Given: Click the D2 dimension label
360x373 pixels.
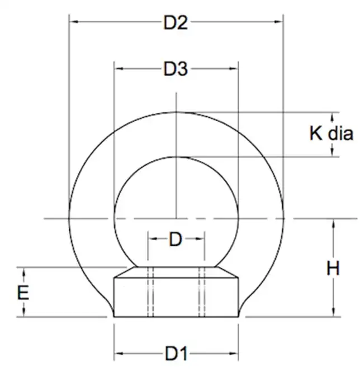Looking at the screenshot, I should point(176,23).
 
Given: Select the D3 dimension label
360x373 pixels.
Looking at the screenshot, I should point(176,69).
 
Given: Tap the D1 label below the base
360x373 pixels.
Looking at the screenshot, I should point(176,353).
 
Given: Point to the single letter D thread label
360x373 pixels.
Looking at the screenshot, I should point(176,240).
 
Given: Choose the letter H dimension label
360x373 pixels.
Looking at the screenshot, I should point(333,268).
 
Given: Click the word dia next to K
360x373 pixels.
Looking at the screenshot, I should point(340,134).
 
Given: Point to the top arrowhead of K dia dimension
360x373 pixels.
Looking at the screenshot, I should point(333,116).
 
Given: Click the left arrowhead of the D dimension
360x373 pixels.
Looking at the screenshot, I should point(151,240).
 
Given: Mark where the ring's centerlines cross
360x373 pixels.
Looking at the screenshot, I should point(176,218).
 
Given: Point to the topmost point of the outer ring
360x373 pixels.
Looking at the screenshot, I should point(176,111).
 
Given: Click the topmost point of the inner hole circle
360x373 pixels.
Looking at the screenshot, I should point(176,156).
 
